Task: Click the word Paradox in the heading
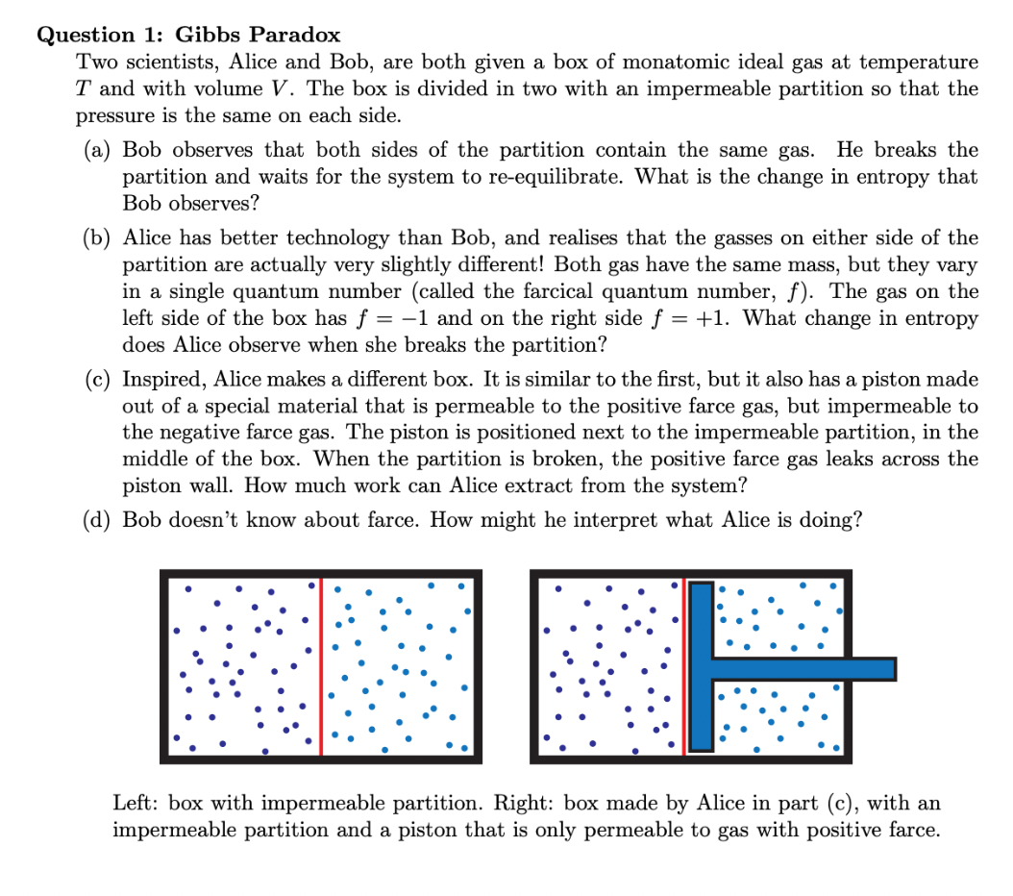coord(294,36)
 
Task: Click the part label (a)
coord(98,150)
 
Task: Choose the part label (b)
coord(98,237)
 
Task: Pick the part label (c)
coord(98,379)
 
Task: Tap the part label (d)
coord(98,520)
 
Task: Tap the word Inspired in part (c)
coord(163,379)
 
